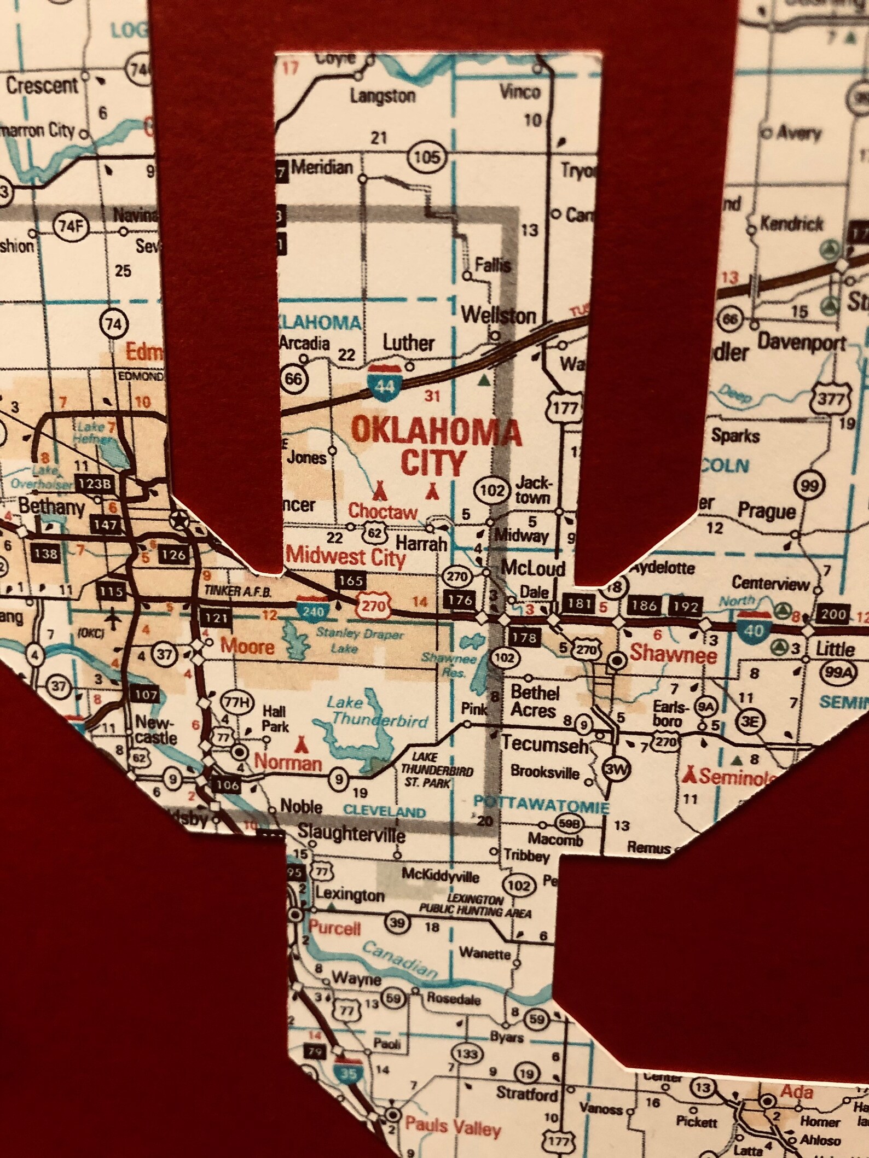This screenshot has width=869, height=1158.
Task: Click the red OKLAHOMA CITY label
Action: [x=436, y=446]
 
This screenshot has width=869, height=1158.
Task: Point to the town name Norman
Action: [x=288, y=761]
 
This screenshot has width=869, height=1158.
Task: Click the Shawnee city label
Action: [x=673, y=653]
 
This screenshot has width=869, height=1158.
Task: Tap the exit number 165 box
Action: [x=350, y=580]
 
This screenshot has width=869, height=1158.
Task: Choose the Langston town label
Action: [x=383, y=96]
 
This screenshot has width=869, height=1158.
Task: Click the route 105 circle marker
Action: [x=426, y=158]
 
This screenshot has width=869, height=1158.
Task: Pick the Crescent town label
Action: [x=42, y=85]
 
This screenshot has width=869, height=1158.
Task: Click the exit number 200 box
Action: [x=832, y=614]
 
